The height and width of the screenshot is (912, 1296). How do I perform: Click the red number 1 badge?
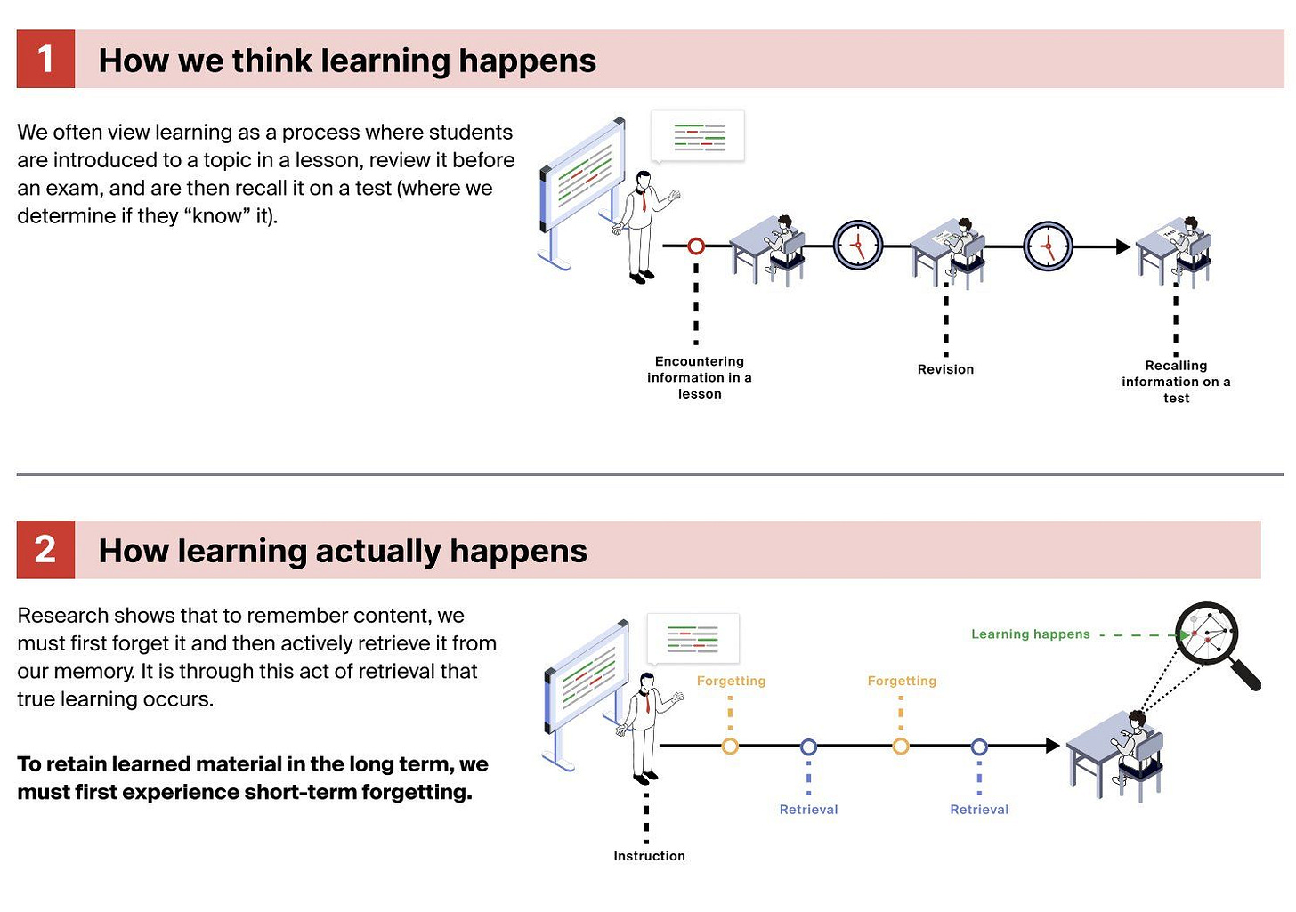pos(45,59)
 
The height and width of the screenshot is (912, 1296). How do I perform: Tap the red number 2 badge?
pos(45,550)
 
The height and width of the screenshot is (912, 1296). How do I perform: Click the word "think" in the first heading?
pos(271,61)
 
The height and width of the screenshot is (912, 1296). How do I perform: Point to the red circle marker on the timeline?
pos(696,246)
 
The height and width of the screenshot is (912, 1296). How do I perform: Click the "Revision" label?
pos(945,369)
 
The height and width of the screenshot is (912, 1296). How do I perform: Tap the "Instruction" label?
pos(649,856)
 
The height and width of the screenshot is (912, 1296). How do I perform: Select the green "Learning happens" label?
pos(1030,634)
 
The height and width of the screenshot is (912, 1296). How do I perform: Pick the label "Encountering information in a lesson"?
pos(700,377)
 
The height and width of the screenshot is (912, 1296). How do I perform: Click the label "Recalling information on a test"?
pos(1176,382)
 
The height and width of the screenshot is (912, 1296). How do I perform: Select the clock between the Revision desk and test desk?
pos(1048,246)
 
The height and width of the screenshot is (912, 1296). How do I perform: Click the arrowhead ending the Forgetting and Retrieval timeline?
pos(1052,746)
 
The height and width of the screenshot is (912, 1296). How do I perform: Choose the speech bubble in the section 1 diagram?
pos(699,136)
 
